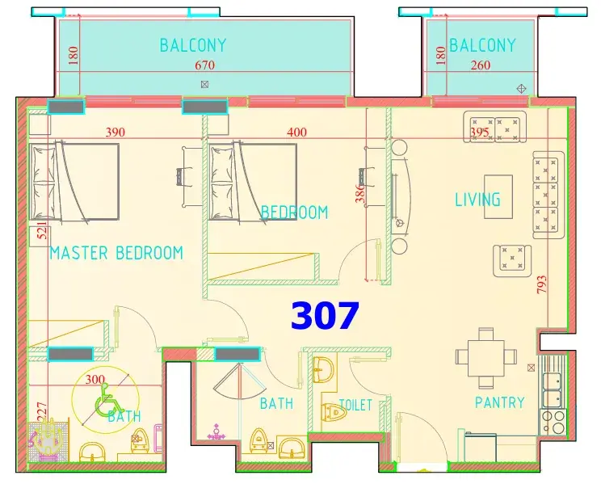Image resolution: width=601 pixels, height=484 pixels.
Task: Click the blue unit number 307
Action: click(325, 316)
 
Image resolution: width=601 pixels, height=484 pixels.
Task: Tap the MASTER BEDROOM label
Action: click(116, 253)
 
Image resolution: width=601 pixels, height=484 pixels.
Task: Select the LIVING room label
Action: click(477, 200)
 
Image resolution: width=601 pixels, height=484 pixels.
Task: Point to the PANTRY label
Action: click(500, 402)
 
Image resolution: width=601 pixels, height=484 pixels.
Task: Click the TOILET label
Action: click(355, 405)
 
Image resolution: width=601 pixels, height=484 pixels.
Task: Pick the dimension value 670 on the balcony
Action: click(204, 65)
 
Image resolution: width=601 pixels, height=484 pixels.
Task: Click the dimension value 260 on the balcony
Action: click(481, 65)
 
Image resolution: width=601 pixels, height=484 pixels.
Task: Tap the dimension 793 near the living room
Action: click(541, 284)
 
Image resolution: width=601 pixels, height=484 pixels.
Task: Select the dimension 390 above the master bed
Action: click(116, 133)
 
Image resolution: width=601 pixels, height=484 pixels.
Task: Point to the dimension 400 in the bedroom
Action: click(297, 133)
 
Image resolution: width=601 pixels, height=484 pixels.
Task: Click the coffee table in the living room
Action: click(498, 196)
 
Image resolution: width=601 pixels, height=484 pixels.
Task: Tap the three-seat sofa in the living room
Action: click(548, 195)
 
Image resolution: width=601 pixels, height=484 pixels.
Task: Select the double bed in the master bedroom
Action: click(74, 182)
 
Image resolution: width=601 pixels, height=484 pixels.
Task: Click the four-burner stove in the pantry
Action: click(553, 422)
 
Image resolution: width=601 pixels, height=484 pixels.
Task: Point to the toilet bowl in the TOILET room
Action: click(334, 412)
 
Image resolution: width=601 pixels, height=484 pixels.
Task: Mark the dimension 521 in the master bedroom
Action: click(42, 230)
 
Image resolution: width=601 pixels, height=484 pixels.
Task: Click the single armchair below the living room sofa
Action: click(512, 260)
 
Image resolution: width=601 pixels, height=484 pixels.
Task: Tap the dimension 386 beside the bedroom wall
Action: click(359, 194)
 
